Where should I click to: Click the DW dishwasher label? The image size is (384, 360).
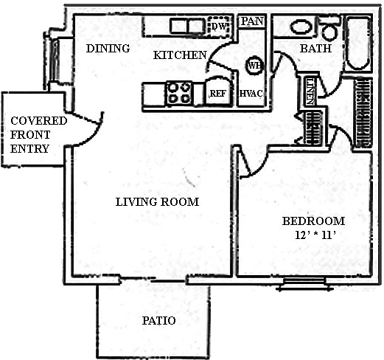[218, 27]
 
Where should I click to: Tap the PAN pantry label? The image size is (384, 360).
[252, 21]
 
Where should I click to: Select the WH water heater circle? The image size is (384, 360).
[254, 66]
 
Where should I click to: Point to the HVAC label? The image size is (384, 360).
[251, 94]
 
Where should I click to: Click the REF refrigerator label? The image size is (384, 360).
[218, 94]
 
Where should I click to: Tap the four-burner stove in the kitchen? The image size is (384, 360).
[179, 93]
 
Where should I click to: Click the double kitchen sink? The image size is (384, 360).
[186, 26]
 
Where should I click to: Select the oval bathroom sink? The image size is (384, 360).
[302, 27]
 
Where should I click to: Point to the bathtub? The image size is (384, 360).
[357, 44]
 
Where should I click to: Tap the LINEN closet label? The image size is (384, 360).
[310, 91]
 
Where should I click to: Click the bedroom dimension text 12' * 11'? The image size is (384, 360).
[315, 235]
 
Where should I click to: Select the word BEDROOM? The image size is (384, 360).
[313, 221]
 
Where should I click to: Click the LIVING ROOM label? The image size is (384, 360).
[157, 202]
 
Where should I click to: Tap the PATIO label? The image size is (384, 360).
[159, 321]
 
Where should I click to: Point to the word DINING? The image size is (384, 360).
[108, 49]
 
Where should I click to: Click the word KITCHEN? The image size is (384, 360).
[180, 55]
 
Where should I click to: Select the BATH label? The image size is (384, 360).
[315, 49]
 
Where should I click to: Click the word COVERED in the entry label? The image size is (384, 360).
[39, 121]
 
